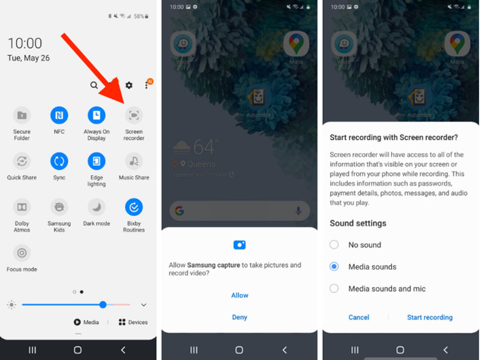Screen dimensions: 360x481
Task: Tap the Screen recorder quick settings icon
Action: pyautogui.click(x=133, y=115)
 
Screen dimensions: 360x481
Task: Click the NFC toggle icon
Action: pyautogui.click(x=59, y=115)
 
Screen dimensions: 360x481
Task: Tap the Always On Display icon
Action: pyautogui.click(x=96, y=115)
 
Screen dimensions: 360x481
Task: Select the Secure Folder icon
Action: pyautogui.click(x=22, y=115)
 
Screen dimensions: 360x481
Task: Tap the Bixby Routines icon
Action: pyautogui.click(x=133, y=207)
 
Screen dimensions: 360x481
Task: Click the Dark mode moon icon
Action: pyautogui.click(x=96, y=207)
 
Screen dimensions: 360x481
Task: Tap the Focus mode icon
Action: pyautogui.click(x=22, y=253)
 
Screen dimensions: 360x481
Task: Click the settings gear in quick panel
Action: pyautogui.click(x=129, y=85)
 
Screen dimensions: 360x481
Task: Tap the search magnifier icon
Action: pyautogui.click(x=94, y=85)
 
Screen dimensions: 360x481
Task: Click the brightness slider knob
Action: pyautogui.click(x=103, y=305)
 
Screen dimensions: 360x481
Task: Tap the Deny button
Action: pyautogui.click(x=239, y=317)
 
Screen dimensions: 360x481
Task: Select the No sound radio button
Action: pyautogui.click(x=334, y=245)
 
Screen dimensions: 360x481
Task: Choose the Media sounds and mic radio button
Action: pyautogui.click(x=334, y=288)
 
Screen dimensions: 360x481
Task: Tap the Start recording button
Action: pyautogui.click(x=429, y=317)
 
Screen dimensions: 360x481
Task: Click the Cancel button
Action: pyautogui.click(x=359, y=317)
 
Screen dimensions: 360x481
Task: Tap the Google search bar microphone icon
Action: pyautogui.click(x=298, y=211)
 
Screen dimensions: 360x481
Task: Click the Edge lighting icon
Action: pyautogui.click(x=96, y=161)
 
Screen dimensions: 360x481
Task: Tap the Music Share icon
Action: pyautogui.click(x=133, y=161)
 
